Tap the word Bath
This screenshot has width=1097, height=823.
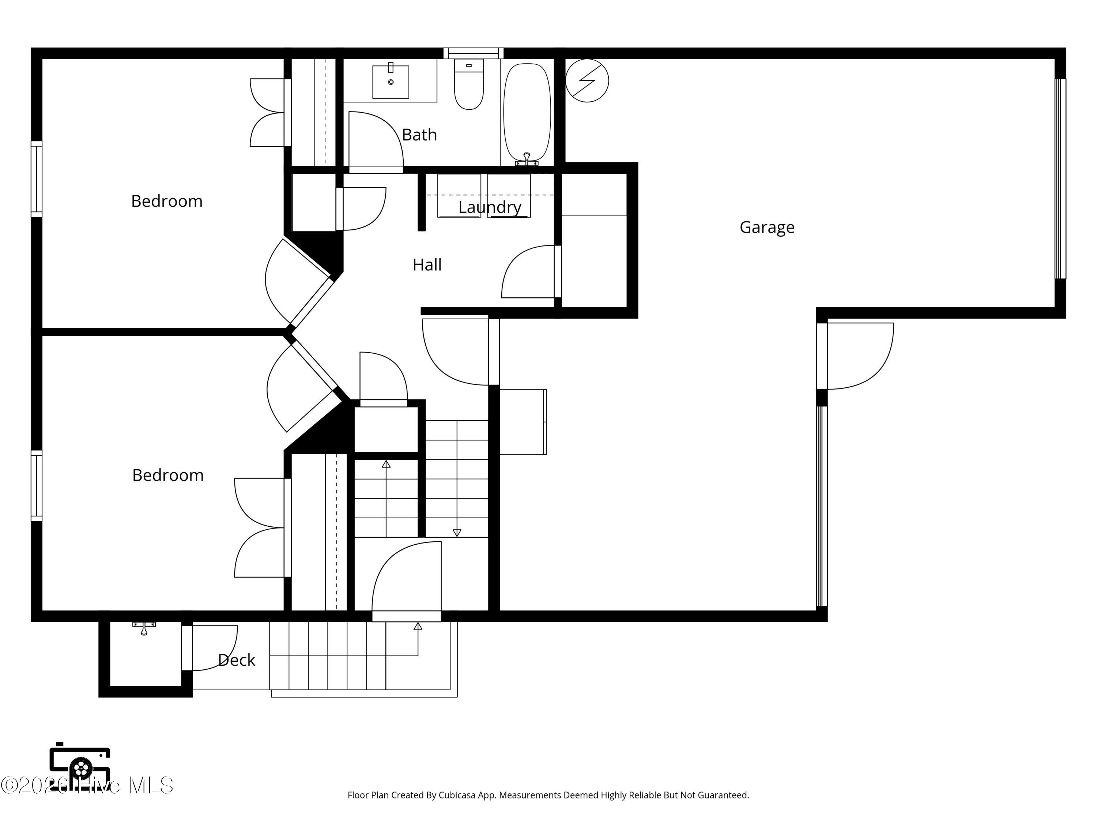click(x=419, y=135)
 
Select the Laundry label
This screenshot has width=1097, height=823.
click(x=490, y=207)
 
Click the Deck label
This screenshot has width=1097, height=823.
click(x=237, y=660)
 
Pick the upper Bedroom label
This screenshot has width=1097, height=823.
click(x=167, y=201)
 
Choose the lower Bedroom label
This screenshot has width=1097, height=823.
click(x=167, y=475)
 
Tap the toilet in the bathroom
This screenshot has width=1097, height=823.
click(x=469, y=84)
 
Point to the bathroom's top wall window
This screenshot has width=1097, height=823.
click(x=473, y=53)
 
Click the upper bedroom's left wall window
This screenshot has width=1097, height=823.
click(x=36, y=179)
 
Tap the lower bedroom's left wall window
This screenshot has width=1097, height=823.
click(x=36, y=486)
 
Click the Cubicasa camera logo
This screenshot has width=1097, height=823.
click(x=80, y=768)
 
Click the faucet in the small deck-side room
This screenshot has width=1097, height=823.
click(x=144, y=628)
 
